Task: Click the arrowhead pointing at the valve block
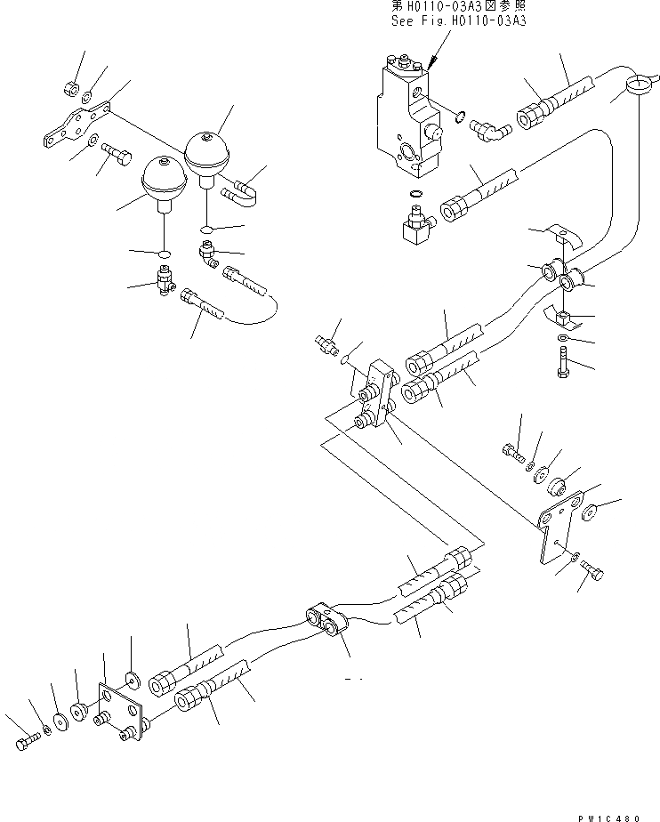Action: pos(431,65)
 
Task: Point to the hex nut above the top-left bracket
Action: pos(70,86)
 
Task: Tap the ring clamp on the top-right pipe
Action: pos(637,85)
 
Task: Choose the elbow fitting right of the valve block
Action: pos(488,133)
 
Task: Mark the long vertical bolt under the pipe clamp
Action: pos(564,366)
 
